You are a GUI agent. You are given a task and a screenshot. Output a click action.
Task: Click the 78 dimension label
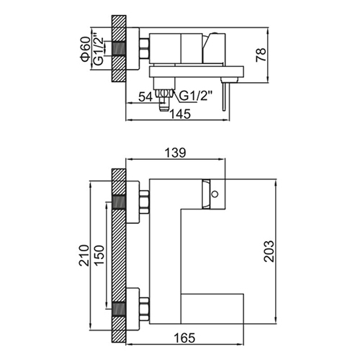[261, 55]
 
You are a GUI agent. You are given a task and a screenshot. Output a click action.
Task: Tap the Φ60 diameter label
[86, 49]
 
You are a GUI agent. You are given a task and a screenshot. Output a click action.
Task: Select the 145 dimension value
[180, 114]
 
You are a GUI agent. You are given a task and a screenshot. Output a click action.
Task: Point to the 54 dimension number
[145, 97]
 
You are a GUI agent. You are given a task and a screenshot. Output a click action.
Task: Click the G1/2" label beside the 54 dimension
[196, 96]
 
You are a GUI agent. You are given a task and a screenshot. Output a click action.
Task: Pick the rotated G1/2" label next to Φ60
[99, 51]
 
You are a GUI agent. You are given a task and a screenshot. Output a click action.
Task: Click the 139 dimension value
[175, 153]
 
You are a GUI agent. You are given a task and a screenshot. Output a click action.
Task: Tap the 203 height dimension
[269, 251]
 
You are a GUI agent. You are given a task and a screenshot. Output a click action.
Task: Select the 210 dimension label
[84, 255]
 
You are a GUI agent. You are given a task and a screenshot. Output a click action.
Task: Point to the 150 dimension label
[99, 255]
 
